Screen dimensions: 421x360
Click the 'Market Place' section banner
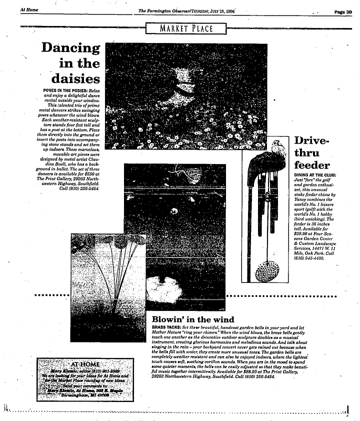coord(186,28)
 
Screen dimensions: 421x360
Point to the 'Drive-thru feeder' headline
coord(311,152)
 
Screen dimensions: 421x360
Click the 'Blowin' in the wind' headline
coord(192,318)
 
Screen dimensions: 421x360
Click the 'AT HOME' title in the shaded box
coord(85,363)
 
